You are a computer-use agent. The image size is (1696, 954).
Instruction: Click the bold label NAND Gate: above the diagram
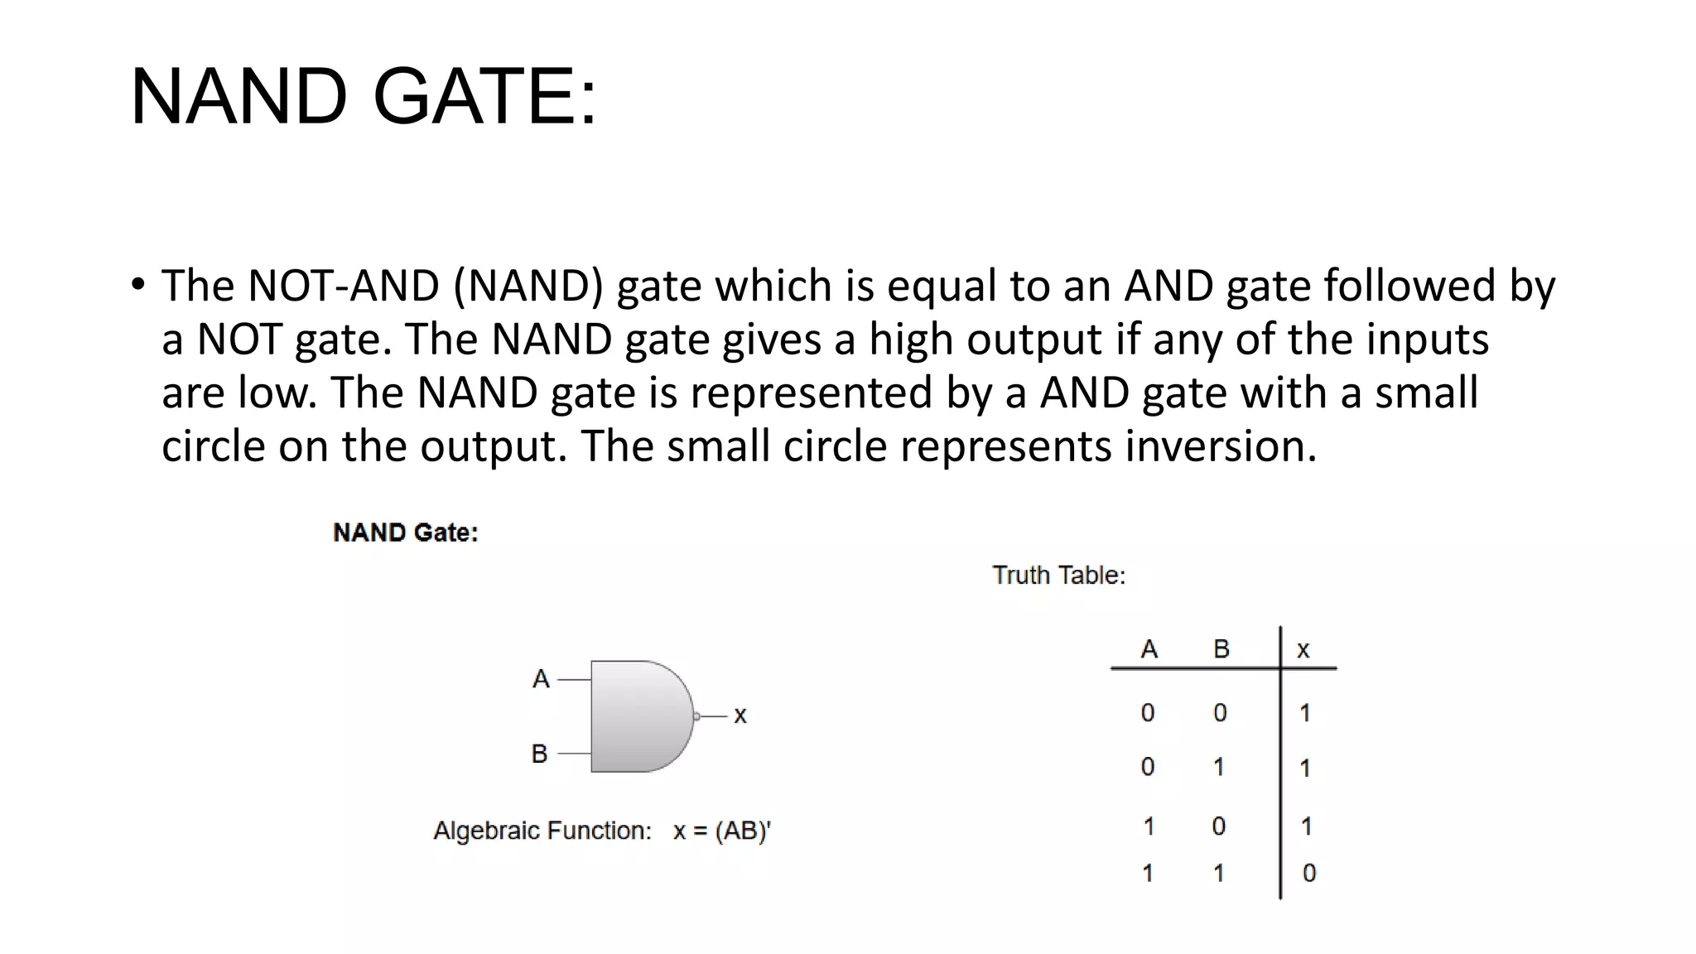pyautogui.click(x=405, y=532)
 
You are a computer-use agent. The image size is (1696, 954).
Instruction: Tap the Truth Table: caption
pyautogui.click(x=1058, y=576)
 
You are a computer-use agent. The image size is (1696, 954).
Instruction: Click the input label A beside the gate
pyautogui.click(x=541, y=679)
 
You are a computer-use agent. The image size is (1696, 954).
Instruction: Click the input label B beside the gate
pyautogui.click(x=539, y=754)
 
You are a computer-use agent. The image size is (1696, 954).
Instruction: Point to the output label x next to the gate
pyautogui.click(x=740, y=715)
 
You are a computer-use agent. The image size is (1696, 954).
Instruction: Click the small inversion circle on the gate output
pyautogui.click(x=696, y=716)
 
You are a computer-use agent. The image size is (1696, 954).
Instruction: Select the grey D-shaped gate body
pyautogui.click(x=638, y=716)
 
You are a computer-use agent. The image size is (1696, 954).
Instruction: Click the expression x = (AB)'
pyautogui.click(x=721, y=831)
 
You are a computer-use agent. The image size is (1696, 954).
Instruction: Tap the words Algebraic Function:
pyautogui.click(x=542, y=831)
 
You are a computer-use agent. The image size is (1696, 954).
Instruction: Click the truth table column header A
pyautogui.click(x=1149, y=649)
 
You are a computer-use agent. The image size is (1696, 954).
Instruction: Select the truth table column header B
pyautogui.click(x=1221, y=649)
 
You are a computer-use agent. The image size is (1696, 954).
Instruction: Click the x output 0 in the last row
pyautogui.click(x=1308, y=873)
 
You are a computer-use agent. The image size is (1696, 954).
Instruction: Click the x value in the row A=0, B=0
pyautogui.click(x=1305, y=713)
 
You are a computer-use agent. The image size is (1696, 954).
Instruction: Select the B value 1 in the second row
pyautogui.click(x=1219, y=767)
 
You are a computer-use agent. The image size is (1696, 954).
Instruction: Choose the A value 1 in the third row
pyautogui.click(x=1149, y=826)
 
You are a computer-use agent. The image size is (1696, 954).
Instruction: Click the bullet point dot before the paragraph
pyautogui.click(x=137, y=285)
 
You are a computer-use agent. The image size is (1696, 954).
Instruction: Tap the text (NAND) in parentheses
pyautogui.click(x=528, y=286)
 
